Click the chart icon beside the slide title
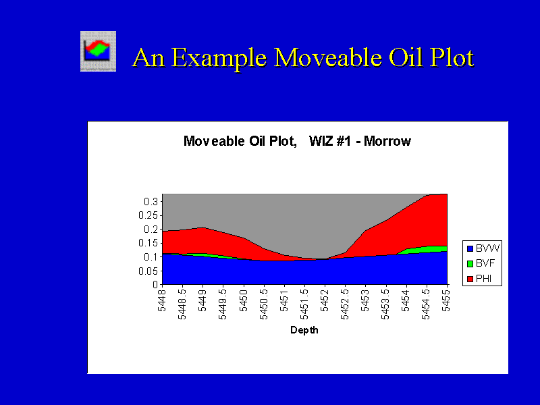98,51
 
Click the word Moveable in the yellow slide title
329,57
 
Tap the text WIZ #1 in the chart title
329,141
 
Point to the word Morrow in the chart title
387,141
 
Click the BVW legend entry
483,248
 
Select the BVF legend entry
481,263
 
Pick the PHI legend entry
479,279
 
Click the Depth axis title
304,330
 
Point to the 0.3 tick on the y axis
151,201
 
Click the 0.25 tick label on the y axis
148,215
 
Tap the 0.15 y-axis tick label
148,243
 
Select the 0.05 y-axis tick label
148,271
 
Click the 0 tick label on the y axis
155,285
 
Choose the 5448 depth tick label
162,300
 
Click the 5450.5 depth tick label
264,304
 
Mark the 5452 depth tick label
325,300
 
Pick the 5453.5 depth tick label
385,304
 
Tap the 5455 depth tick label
447,300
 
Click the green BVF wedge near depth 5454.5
427,250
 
